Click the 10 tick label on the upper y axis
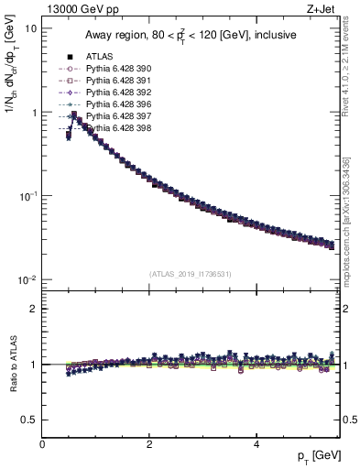[29, 28]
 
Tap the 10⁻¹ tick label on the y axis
[27, 196]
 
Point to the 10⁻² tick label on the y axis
[27, 279]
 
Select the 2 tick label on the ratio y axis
[33, 309]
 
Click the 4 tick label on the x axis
[256, 444]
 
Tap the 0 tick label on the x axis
[42, 444]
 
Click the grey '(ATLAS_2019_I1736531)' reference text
[191, 274]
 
